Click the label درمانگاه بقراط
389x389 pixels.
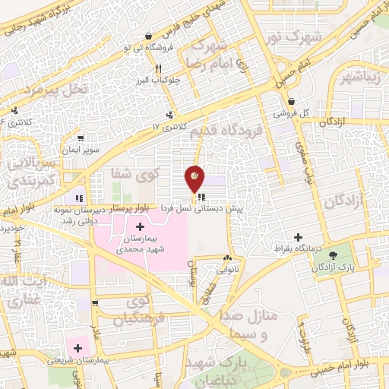[299, 249]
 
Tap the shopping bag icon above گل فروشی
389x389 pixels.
[291, 101]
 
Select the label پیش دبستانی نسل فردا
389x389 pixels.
[200, 207]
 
